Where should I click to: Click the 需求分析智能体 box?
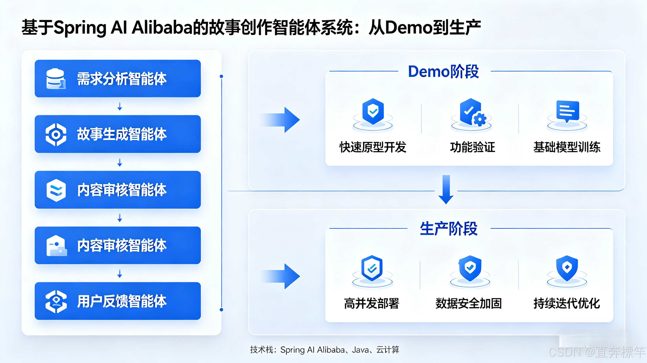coord(118,79)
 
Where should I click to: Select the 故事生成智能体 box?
coord(118,134)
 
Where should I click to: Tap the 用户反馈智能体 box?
coord(118,301)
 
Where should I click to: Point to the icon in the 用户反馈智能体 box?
coord(56,301)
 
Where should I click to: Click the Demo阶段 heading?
coord(443,72)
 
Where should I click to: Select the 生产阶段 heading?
coord(449,229)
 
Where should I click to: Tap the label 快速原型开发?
coord(373,147)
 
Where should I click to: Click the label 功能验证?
coord(472,147)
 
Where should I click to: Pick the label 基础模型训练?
coord(567,147)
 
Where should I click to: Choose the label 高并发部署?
coord(371,303)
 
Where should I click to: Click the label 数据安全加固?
coord(468,303)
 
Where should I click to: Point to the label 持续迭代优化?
coord(567,303)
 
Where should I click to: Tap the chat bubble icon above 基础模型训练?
coord(568,112)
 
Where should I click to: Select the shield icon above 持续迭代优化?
coord(567,268)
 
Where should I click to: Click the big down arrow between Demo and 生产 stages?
coord(446,189)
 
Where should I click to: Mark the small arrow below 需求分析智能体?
coord(120,106)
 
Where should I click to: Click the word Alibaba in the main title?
coord(162,27)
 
